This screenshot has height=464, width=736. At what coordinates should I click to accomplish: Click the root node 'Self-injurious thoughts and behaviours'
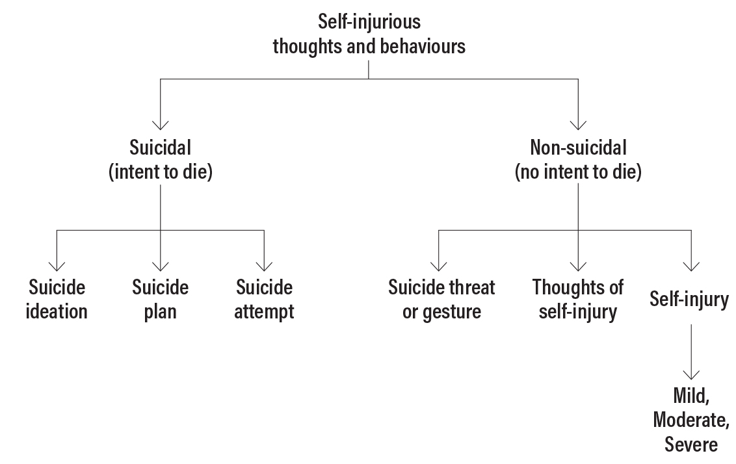[x=369, y=34]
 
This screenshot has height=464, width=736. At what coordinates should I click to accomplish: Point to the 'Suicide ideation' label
[x=57, y=299]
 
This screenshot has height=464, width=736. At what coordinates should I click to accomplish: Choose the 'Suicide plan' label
[x=160, y=299]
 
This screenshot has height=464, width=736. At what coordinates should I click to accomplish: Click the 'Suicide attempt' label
[x=264, y=299]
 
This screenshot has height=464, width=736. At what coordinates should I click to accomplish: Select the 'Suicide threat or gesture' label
[x=441, y=299]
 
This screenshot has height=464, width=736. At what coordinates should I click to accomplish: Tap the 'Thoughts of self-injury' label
[x=577, y=299]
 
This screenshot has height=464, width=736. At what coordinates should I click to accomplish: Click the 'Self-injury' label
[x=689, y=300]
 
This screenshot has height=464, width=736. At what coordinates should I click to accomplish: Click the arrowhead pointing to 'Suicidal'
[x=160, y=124]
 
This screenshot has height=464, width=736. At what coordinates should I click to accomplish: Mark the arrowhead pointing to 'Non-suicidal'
[x=577, y=124]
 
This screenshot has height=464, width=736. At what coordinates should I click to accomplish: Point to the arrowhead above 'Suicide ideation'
[x=57, y=265]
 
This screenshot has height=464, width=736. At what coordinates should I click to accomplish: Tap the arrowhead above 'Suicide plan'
[x=160, y=265]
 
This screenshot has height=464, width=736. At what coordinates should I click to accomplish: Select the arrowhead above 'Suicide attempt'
[x=264, y=265]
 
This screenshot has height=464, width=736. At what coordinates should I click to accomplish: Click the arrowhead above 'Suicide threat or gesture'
[x=438, y=265]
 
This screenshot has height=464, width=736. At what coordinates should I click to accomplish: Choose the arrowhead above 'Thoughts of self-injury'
[x=577, y=265]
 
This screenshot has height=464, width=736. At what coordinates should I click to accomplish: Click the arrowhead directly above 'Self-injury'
[x=690, y=265]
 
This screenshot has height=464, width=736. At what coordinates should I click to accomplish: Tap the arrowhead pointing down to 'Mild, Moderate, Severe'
[x=690, y=375]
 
